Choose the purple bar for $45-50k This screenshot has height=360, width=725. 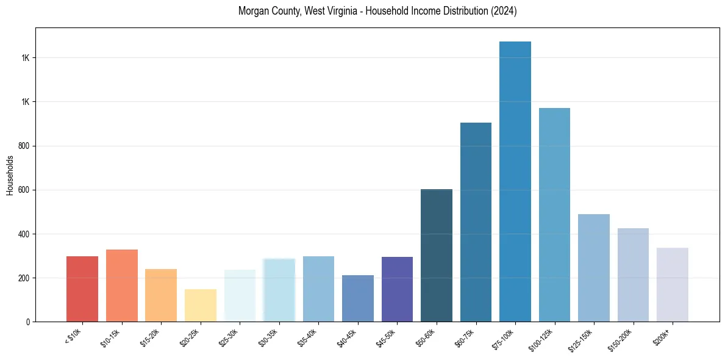pos(397,289)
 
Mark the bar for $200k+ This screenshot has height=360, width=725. pos(673,284)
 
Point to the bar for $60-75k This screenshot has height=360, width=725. pos(476,222)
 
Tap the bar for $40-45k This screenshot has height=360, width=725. pos(358,298)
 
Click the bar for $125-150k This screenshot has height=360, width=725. pos(594,268)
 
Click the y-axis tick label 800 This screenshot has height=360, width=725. pos(24,146)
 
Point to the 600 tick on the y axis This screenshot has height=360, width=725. pos(24,190)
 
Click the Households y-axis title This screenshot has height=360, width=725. pos(10,175)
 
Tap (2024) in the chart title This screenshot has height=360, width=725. pos(504,11)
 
